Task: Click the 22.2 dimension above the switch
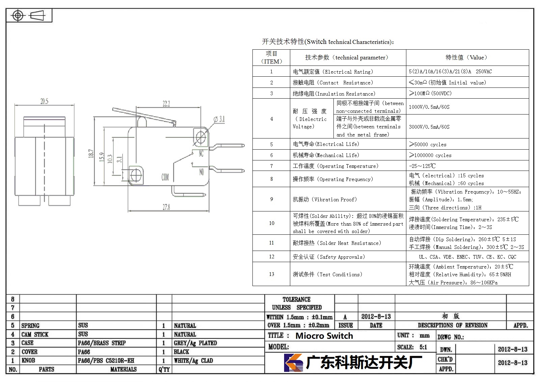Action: pos(166,104)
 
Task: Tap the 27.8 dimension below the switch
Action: pos(166,207)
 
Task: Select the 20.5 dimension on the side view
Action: pos(44,101)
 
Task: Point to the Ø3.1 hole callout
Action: pos(219,119)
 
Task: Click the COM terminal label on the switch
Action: pos(165,177)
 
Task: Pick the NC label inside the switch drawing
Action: pos(201,153)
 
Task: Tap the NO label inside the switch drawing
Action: pos(201,172)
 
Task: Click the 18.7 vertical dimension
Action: pos(91,153)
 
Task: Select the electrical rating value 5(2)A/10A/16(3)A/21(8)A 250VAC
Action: pos(450,71)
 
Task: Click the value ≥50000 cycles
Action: pos(428,144)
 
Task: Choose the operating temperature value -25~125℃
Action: pos(422,166)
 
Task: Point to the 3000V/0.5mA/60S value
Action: pos(429,127)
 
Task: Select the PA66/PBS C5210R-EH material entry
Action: pos(106,360)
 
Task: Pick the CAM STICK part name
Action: pos(35,334)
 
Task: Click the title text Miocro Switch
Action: pos(324,336)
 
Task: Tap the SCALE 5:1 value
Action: pos(423,347)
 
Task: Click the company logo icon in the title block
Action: pos(293,363)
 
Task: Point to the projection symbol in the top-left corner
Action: pos(29,16)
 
